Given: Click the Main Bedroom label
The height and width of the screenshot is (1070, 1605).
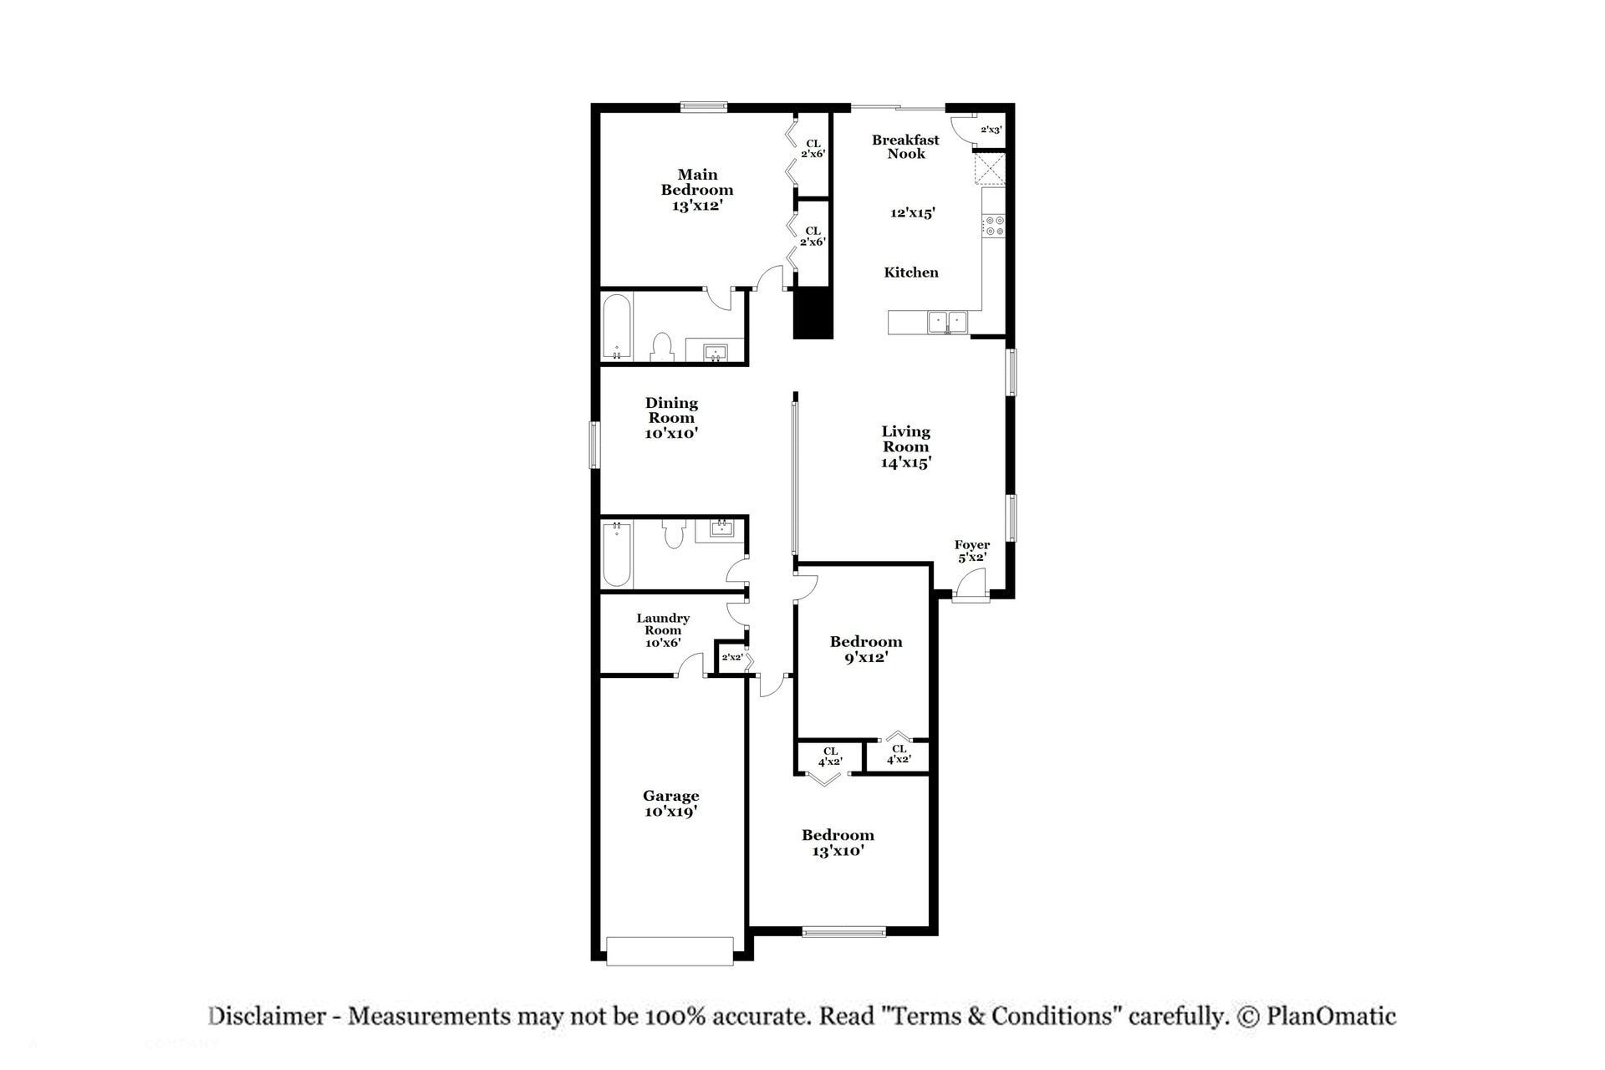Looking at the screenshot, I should coord(697,190).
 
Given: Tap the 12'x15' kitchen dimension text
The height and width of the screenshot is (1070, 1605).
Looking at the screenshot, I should coord(912,213).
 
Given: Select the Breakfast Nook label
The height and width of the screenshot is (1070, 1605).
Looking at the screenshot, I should coord(906,146).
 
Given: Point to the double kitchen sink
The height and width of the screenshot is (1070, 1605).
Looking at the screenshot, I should coord(946,321).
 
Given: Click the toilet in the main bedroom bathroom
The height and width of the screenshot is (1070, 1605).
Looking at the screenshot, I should coord(662,347).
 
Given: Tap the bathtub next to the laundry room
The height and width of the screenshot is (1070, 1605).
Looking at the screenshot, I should coord(616,555).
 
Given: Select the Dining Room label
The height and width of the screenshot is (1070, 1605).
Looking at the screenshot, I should coord(671,418).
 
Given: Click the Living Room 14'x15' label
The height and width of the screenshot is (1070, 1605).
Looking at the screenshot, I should coord(906,446).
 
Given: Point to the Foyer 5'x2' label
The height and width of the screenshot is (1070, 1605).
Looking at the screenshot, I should coord(972,551).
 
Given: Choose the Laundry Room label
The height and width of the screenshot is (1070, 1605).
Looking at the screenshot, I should coord(663,630).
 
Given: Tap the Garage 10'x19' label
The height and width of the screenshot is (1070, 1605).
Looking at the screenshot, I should coord(671,803).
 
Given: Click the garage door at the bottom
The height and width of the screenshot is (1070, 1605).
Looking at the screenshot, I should coord(670,951).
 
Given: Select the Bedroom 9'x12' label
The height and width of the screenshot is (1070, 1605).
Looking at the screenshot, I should coord(866,650).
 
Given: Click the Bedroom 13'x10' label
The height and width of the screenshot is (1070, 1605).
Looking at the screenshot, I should coord(838,843).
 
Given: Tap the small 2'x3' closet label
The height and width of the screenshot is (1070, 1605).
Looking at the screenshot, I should coord(991,130).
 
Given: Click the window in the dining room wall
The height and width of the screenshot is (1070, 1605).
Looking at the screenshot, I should coord(595,445).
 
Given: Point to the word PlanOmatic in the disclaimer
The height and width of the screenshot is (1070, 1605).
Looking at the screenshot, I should coord(1331,1016).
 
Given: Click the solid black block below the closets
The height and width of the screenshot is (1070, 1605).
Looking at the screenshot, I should coord(813,313).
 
